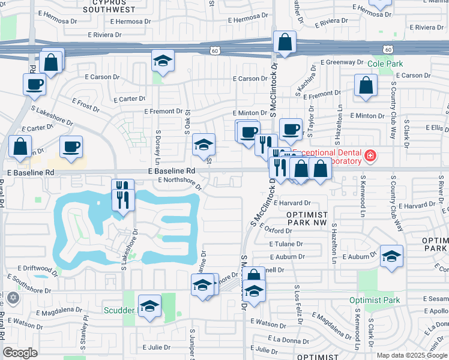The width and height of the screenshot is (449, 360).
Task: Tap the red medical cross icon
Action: (370, 157)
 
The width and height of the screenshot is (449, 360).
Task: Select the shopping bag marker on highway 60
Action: (285, 43)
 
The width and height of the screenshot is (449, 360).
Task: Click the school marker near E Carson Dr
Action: (162, 61)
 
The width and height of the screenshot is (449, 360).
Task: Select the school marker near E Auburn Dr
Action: (391, 257)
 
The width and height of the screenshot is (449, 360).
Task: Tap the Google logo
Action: (20, 353)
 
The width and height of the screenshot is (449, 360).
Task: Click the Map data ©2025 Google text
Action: (412, 355)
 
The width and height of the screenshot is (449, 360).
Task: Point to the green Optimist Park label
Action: (375, 300)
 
